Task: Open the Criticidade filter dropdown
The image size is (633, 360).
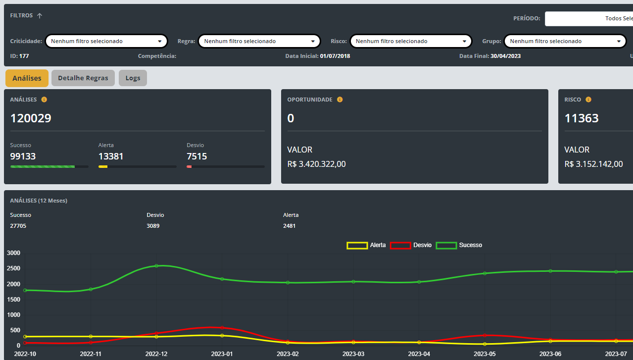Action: click(106, 41)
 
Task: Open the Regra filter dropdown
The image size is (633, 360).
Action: click(259, 41)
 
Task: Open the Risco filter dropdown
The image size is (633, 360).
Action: click(411, 41)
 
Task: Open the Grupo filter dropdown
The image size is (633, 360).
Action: click(565, 41)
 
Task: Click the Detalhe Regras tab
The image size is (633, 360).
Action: click(83, 78)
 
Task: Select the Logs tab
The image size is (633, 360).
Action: click(133, 78)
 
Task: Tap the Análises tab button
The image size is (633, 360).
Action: click(27, 78)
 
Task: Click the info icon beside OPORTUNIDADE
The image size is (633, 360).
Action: click(340, 100)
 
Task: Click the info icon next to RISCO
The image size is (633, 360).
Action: click(588, 100)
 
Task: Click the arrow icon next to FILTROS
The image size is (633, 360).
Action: click(40, 16)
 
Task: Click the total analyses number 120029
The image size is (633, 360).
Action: click(31, 118)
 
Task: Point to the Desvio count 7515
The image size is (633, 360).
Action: click(197, 156)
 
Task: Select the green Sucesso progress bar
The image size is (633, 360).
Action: click(43, 167)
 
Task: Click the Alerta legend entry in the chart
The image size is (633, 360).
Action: click(366, 245)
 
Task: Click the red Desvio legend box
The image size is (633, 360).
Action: click(400, 246)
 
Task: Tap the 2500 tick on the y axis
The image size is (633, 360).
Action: click(13, 268)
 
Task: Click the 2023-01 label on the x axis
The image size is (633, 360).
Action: click(222, 354)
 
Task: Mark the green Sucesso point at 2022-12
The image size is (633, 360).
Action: click(156, 266)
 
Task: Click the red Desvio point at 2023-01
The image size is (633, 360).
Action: click(222, 328)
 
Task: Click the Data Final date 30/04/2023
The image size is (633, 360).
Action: click(505, 56)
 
